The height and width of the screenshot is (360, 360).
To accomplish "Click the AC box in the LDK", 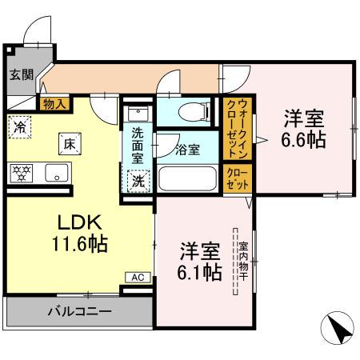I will pyautogui.click(x=137, y=277).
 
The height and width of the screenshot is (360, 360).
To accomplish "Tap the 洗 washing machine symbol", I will pyautogui.click(x=138, y=180).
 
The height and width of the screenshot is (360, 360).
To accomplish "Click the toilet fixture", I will pyautogui.click(x=186, y=112).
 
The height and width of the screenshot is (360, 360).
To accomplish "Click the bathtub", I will pyautogui.click(x=188, y=177).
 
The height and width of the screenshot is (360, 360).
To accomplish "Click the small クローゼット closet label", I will pyautogui.click(x=237, y=177).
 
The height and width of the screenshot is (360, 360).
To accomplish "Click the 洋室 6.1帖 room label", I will pyautogui.click(x=198, y=260).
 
